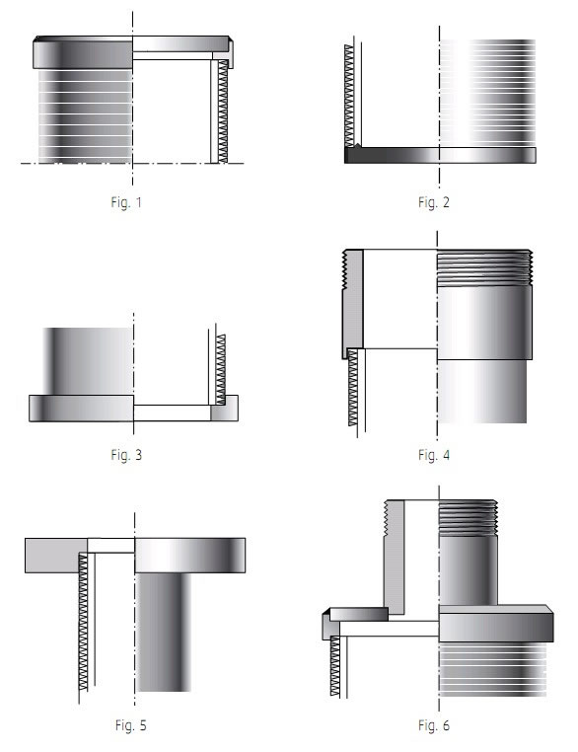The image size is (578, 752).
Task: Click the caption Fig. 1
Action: tap(126, 202)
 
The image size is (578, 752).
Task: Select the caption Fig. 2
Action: tap(434, 202)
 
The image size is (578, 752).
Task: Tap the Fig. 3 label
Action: tap(126, 455)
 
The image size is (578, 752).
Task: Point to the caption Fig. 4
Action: tap(434, 455)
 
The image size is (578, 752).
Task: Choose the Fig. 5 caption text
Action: tap(130, 725)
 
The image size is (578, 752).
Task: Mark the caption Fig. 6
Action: tap(434, 725)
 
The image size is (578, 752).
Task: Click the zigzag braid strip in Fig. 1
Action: tap(223, 112)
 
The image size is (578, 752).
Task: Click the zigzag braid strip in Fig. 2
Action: tap(349, 96)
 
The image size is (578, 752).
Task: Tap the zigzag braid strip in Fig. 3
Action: tap(221, 369)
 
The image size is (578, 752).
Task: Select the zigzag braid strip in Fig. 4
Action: tap(353, 388)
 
